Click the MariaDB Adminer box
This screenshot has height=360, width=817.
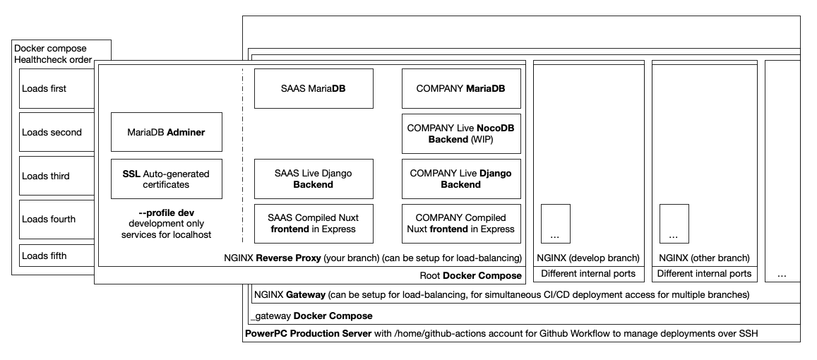167,132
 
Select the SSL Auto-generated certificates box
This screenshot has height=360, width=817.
167,179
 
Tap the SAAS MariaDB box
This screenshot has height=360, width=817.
314,89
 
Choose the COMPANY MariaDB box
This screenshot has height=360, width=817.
461,89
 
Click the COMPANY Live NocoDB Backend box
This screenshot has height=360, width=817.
461,133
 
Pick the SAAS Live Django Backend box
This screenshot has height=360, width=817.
314,179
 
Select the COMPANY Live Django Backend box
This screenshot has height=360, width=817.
461,179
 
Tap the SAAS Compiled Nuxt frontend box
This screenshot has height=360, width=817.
314,223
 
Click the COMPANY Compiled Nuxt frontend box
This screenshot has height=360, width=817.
461,223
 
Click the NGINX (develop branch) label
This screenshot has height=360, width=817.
588,258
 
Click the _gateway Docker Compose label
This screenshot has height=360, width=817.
311,316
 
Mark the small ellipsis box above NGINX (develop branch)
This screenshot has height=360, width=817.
556,223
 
